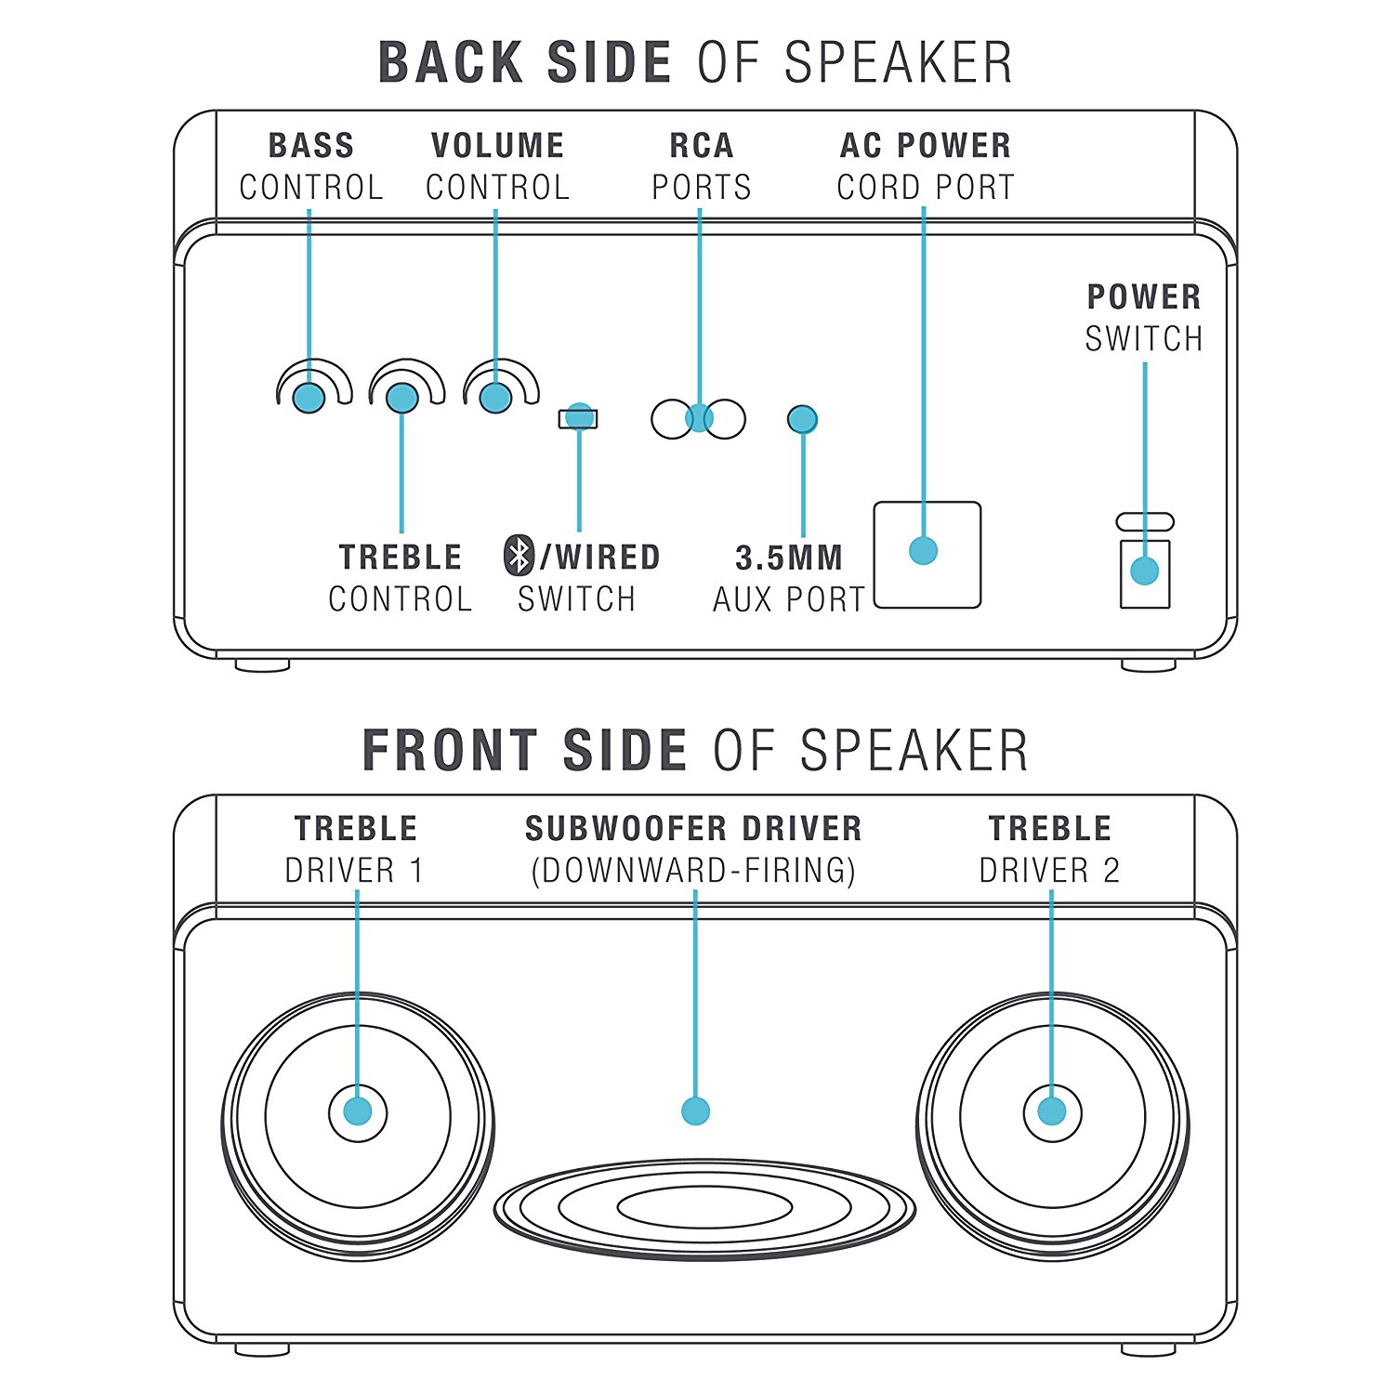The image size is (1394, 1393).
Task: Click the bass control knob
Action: (309, 397)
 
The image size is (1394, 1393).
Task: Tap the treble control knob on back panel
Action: (402, 397)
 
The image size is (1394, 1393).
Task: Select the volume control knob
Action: (495, 397)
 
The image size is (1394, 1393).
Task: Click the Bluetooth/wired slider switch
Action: (578, 418)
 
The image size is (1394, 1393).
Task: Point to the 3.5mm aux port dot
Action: (802, 420)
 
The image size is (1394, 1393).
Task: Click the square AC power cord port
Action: (927, 555)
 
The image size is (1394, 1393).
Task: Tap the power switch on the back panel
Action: (1144, 572)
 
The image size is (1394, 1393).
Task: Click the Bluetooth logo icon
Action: (519, 556)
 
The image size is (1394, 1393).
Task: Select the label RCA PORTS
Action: (701, 166)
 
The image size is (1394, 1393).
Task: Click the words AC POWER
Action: (926, 146)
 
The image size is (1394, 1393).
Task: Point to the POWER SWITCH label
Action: (1144, 318)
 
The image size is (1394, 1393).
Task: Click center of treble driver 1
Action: (358, 1111)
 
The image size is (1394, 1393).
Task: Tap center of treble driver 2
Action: (1052, 1111)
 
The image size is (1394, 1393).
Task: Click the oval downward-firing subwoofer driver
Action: (704, 1208)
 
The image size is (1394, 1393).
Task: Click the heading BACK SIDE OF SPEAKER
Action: (695, 63)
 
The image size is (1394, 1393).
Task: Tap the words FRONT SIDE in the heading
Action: (524, 750)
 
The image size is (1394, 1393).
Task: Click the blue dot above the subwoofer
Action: (695, 1110)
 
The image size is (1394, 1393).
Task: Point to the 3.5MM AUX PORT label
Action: (789, 578)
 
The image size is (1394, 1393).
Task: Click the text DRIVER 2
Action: (1049, 871)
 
